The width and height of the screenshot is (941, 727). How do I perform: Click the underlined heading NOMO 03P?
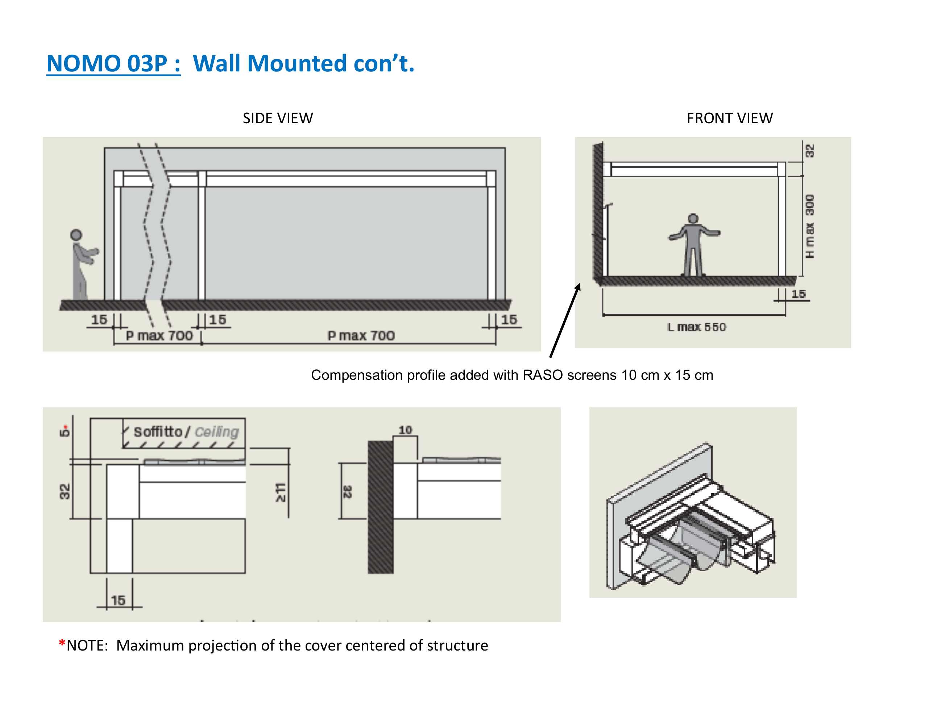[113, 63]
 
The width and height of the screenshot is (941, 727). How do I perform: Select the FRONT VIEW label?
[729, 118]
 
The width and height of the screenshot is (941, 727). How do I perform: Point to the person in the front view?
[693, 245]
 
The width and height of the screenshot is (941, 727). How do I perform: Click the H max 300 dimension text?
[810, 226]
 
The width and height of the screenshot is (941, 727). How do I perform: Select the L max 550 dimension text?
[697, 327]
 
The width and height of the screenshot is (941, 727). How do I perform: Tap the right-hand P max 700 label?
[361, 336]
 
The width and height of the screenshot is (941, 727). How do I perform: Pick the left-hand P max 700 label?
[159, 336]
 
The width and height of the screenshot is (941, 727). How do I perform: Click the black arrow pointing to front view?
[565, 320]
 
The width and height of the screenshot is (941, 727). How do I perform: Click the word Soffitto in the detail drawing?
[158, 432]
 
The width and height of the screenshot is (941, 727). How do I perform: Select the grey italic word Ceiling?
[216, 432]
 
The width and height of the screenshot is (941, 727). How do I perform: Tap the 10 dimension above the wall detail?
[405, 430]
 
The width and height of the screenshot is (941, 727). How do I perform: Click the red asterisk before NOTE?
[62, 644]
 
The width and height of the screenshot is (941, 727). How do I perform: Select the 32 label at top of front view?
[810, 151]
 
